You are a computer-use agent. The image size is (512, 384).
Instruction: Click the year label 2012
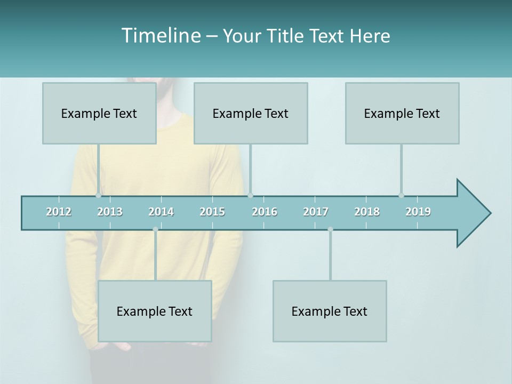(59, 212)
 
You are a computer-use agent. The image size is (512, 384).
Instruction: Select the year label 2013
(110, 212)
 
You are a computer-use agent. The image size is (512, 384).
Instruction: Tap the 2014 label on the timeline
(161, 212)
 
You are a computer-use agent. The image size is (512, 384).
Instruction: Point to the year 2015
(212, 212)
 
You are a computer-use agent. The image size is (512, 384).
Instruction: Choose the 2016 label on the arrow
(265, 212)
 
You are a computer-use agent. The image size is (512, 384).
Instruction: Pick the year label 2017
(316, 212)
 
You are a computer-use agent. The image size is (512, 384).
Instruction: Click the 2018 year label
(367, 212)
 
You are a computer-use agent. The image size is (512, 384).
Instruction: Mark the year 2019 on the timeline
(418, 212)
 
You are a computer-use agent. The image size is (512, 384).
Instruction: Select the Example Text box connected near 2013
(99, 113)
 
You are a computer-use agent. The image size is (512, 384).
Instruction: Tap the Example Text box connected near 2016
(251, 113)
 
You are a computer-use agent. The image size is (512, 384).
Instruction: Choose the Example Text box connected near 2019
(402, 113)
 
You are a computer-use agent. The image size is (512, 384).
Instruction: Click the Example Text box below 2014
(155, 311)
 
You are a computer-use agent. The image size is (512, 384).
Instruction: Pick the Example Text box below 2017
(330, 311)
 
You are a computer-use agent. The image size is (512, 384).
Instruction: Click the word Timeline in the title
(160, 36)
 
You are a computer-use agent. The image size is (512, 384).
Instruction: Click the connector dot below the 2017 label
(330, 229)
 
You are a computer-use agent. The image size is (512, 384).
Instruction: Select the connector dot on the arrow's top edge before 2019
(401, 195)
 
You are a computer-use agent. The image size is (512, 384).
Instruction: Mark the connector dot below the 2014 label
(155, 229)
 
